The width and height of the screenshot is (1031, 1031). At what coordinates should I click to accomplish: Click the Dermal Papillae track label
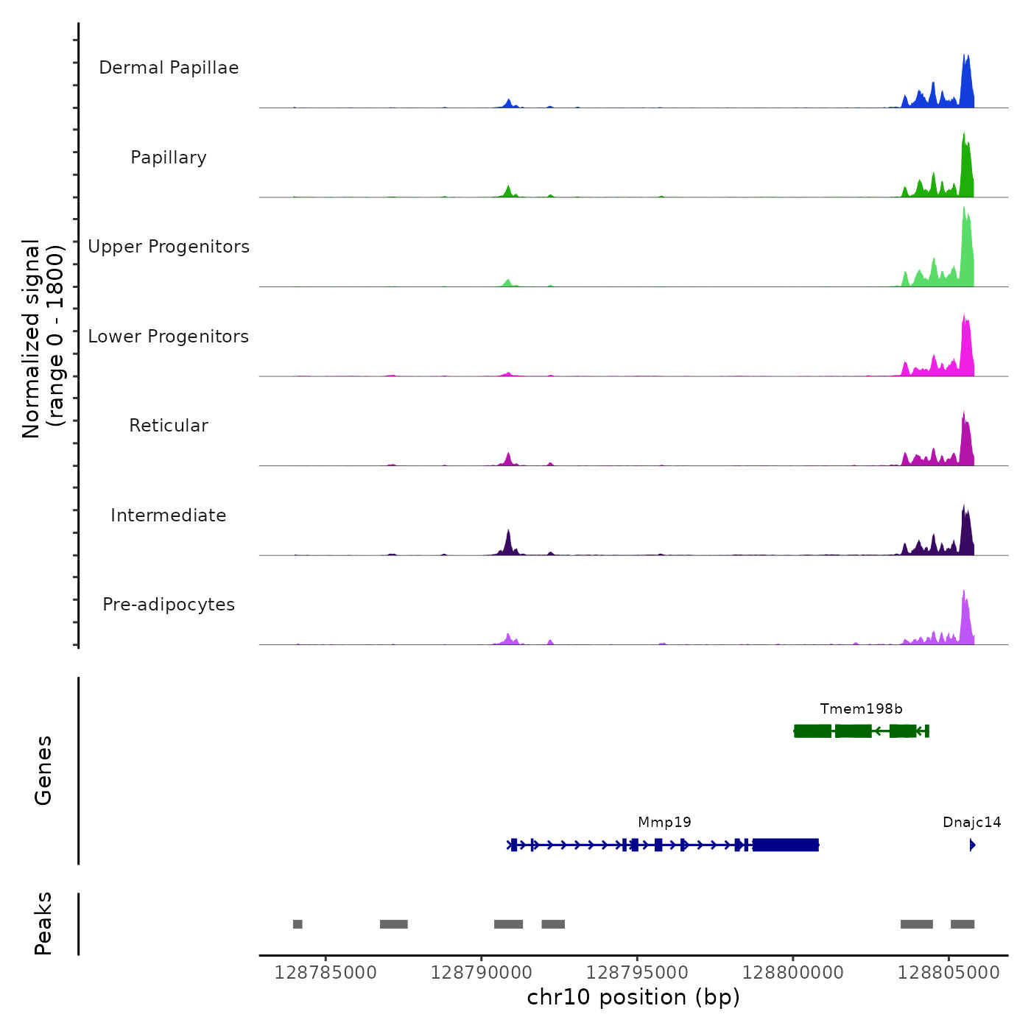coord(169,68)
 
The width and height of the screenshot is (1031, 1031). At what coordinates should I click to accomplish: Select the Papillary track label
coord(169,158)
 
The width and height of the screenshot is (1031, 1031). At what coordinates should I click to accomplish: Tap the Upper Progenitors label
coord(169,247)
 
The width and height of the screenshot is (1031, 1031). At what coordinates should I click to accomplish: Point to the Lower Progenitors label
coord(169,337)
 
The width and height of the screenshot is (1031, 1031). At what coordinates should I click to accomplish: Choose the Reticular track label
coord(169,426)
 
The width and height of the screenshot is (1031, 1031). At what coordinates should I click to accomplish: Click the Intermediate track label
coord(169,515)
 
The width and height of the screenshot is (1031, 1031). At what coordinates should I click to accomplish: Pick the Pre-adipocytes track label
coord(169,605)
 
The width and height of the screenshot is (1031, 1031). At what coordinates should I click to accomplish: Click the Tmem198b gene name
coord(861,709)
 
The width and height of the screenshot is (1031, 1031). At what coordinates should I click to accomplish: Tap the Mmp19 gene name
coord(664,823)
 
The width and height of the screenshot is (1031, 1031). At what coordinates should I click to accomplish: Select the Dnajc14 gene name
coord(971,823)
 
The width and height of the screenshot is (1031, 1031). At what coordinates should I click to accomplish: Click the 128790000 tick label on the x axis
coord(481,973)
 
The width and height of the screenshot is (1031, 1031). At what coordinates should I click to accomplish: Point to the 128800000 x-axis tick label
coord(792,973)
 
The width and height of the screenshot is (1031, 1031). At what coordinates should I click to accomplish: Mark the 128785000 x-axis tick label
coord(326,973)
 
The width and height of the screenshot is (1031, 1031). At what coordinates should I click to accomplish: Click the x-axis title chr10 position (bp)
coord(633,997)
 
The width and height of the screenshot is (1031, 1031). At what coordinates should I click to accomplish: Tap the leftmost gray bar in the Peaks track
coord(298,924)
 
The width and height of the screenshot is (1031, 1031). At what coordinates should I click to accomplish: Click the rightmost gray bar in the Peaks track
coord(963,924)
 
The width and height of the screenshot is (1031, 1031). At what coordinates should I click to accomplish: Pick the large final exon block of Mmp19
coord(785,845)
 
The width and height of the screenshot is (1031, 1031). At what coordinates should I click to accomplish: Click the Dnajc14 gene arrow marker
coord(972,845)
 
